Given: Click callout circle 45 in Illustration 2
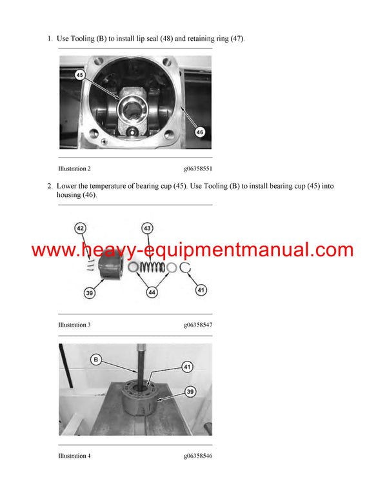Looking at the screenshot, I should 79,74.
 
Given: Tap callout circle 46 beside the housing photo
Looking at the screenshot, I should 199,131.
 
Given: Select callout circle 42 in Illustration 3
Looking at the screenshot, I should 80,228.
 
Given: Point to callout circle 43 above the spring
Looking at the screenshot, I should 148,228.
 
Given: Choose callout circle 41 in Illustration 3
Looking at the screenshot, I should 201,291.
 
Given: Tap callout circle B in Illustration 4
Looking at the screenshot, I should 96,360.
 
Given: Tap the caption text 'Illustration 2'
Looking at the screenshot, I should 74,169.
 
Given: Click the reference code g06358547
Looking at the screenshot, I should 197,325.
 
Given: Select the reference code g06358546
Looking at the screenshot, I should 197,456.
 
